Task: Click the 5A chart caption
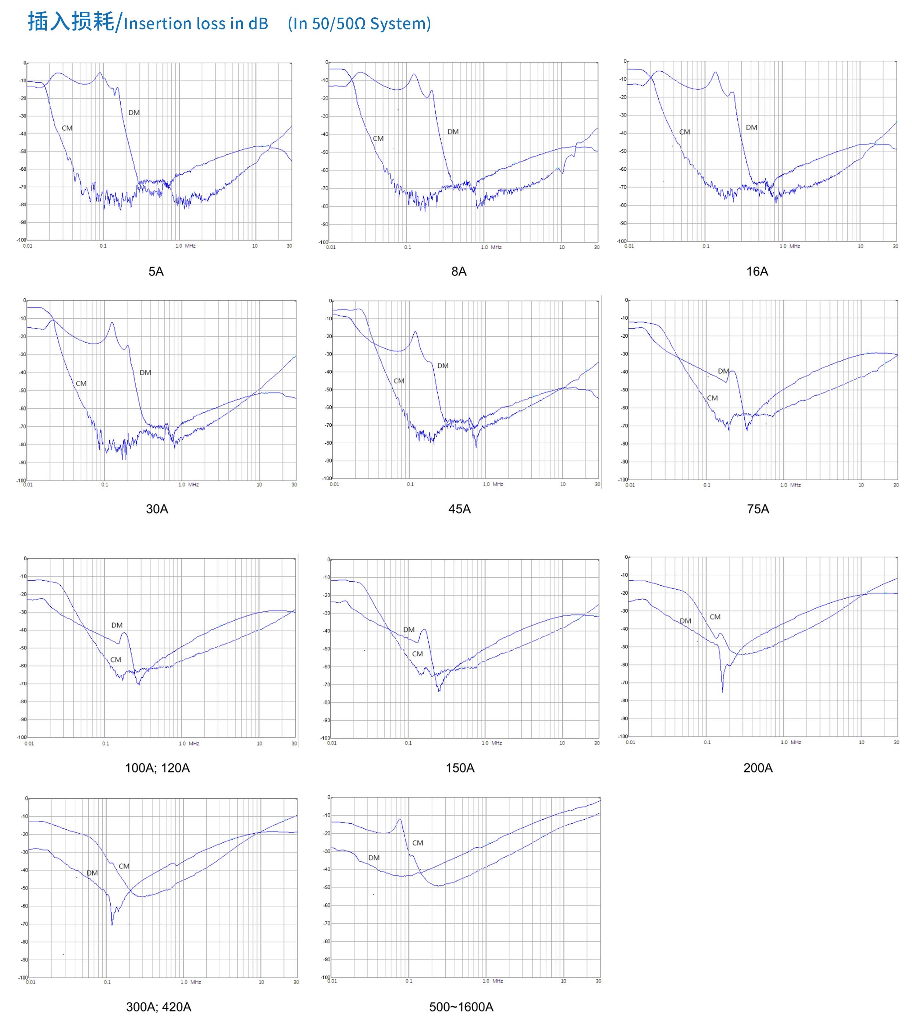(x=156, y=272)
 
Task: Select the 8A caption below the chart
(x=459, y=272)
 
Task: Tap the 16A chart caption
(x=757, y=272)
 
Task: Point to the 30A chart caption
(x=157, y=509)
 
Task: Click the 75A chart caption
(x=758, y=509)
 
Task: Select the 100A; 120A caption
(x=157, y=768)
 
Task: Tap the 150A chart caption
(x=460, y=768)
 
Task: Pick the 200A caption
(x=758, y=768)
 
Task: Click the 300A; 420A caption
(x=158, y=1007)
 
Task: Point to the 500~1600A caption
(x=461, y=1007)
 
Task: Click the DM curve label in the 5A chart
(x=134, y=113)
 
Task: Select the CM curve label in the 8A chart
(x=378, y=138)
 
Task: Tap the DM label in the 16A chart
(x=751, y=127)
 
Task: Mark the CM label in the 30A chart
(x=81, y=383)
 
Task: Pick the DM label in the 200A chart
(x=685, y=621)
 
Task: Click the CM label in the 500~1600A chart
(x=417, y=843)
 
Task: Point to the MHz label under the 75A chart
(x=795, y=485)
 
